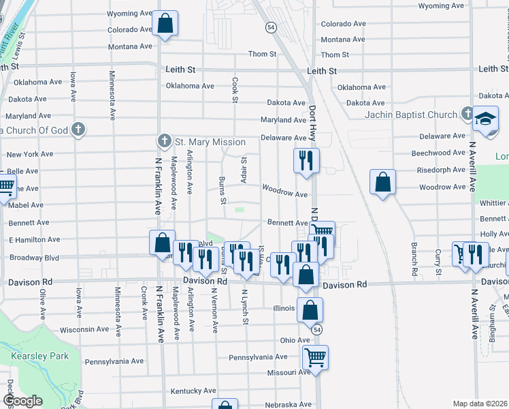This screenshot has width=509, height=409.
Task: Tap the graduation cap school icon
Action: pyautogui.click(x=486, y=118)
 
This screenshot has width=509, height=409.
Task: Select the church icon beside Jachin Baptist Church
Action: pyautogui.click(x=467, y=112)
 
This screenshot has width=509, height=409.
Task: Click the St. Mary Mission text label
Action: pyautogui.click(x=210, y=142)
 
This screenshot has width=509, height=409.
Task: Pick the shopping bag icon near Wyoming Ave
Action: pyautogui.click(x=165, y=24)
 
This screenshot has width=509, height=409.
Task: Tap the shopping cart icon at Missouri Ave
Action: pyautogui.click(x=315, y=357)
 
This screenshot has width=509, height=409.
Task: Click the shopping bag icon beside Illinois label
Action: pyautogui.click(x=310, y=310)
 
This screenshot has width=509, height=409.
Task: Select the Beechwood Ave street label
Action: pyautogui.click(x=440, y=153)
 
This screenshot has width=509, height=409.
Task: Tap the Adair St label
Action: pyautogui.click(x=243, y=166)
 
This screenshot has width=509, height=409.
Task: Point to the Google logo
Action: pyautogui.click(x=22, y=401)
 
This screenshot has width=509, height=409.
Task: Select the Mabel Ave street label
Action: pyautogui.click(x=27, y=205)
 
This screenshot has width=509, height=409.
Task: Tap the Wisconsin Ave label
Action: pyautogui.click(x=84, y=329)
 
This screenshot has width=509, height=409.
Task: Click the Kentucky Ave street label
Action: pyautogui.click(x=193, y=391)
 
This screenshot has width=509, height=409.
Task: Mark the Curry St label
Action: pyautogui.click(x=438, y=258)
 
